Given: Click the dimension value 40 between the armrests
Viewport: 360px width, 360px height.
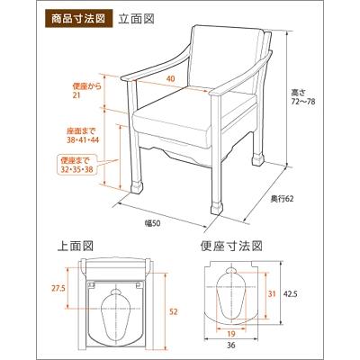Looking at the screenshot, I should (x=170, y=78).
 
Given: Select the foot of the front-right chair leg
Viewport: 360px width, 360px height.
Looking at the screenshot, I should (x=217, y=204).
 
